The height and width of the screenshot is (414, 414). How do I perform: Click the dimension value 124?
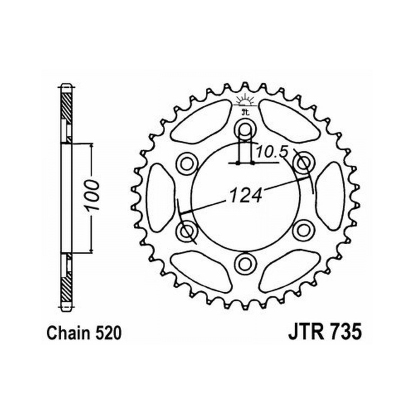click(x=246, y=195)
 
